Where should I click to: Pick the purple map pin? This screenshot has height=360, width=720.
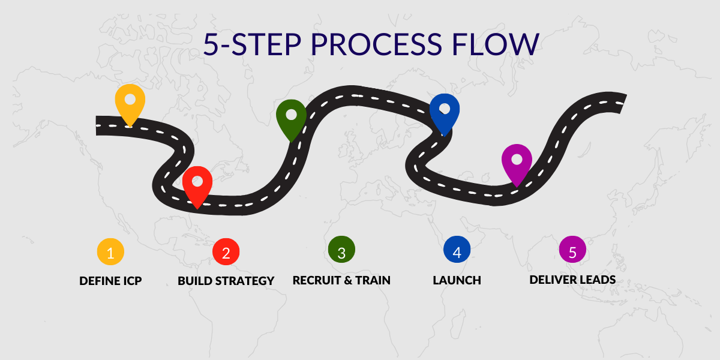pos(517,164)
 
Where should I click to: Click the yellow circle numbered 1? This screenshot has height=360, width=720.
pos(110,251)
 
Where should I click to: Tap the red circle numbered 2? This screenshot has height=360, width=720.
pos(226,251)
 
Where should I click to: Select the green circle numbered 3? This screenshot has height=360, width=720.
pos(341,250)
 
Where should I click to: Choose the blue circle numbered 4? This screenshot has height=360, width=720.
pos(457,250)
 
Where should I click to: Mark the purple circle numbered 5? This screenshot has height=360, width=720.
pos(572,250)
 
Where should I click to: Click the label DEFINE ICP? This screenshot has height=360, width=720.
pos(110,281)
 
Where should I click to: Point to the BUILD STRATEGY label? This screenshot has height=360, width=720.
pos(226,281)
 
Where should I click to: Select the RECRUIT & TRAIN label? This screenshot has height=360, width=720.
pos(341,280)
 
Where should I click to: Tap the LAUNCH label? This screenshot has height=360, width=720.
pos(457,280)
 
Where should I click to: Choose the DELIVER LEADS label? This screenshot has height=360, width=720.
pos(572,280)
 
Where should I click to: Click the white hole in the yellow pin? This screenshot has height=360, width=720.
pos(130,99)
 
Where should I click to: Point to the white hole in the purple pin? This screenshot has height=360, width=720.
pos(517,159)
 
